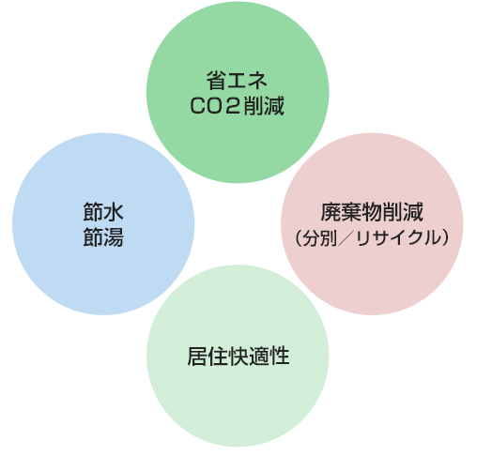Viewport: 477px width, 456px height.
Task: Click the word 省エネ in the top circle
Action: click(x=237, y=81)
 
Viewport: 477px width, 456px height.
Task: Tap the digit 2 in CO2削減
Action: click(x=232, y=105)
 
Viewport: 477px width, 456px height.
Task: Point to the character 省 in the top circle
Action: click(x=216, y=81)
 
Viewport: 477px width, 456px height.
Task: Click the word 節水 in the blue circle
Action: click(x=103, y=212)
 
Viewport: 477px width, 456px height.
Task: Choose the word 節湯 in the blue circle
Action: click(x=103, y=236)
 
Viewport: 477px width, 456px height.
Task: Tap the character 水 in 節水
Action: click(x=114, y=212)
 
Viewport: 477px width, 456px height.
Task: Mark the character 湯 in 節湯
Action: click(x=114, y=236)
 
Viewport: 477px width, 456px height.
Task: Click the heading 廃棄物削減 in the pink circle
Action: click(x=372, y=212)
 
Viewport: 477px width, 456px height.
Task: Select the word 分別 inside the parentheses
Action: click(x=320, y=238)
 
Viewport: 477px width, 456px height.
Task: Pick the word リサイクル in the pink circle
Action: click(x=398, y=238)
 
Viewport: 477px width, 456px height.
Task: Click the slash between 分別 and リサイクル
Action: click(x=346, y=238)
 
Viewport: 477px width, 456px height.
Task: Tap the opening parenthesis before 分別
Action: click(x=299, y=238)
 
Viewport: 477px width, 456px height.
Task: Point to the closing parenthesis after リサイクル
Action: click(x=445, y=238)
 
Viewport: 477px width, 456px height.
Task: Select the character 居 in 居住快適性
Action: click(x=197, y=357)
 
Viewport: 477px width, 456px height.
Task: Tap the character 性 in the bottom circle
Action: click(x=280, y=357)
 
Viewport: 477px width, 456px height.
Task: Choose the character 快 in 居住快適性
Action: click(x=238, y=357)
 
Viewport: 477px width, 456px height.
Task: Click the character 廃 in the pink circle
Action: click(x=331, y=212)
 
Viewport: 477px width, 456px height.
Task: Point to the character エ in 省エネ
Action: click(x=237, y=81)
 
